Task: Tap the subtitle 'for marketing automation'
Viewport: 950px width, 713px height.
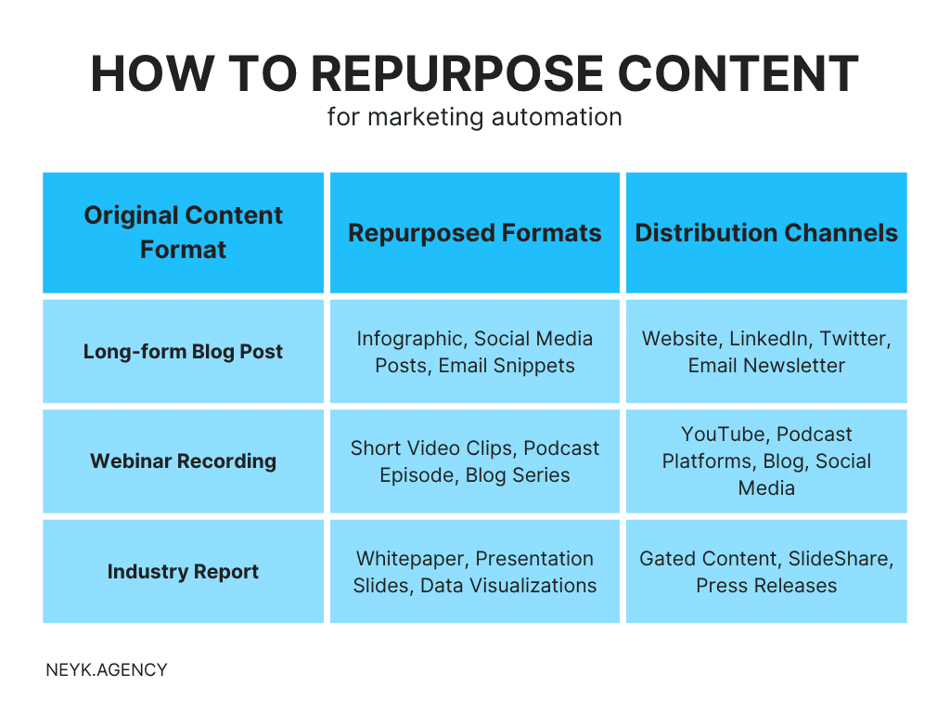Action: coord(474,118)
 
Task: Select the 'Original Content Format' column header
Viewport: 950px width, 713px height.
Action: coord(183,232)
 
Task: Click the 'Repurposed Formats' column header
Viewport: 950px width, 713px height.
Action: coord(474,232)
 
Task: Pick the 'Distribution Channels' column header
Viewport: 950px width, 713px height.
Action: coord(766,232)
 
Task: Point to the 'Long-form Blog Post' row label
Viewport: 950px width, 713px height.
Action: coord(183,352)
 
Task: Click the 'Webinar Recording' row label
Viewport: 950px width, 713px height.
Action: coord(183,461)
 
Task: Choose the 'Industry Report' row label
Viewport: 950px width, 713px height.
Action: coord(183,572)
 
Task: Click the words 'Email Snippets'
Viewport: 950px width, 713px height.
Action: coord(507,366)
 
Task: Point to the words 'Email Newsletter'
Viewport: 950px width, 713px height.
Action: coord(766,366)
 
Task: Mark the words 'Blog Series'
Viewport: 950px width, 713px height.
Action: coord(518,475)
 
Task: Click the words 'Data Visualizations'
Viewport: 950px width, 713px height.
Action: coord(508,586)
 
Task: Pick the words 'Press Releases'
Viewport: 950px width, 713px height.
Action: coord(766,586)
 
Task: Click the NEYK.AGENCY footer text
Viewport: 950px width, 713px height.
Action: coord(107,669)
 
